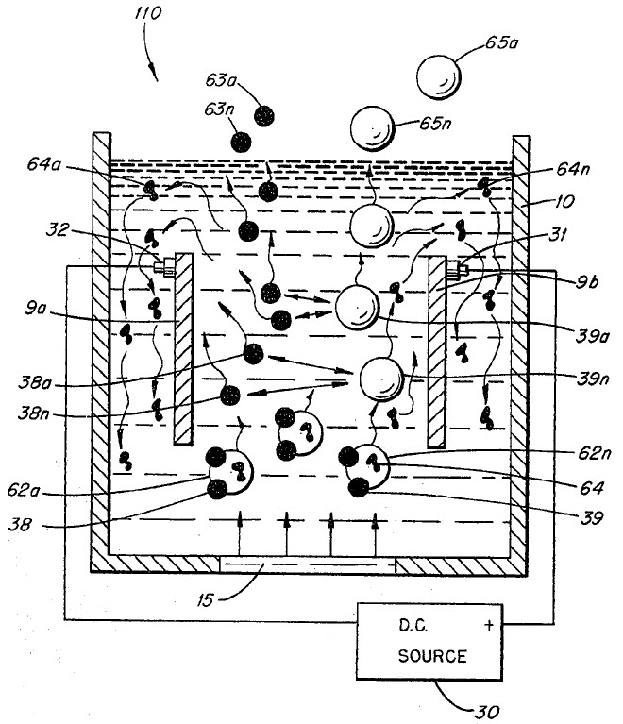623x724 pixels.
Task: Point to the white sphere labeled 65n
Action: (x=371, y=126)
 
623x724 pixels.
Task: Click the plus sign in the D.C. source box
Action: (x=489, y=625)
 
